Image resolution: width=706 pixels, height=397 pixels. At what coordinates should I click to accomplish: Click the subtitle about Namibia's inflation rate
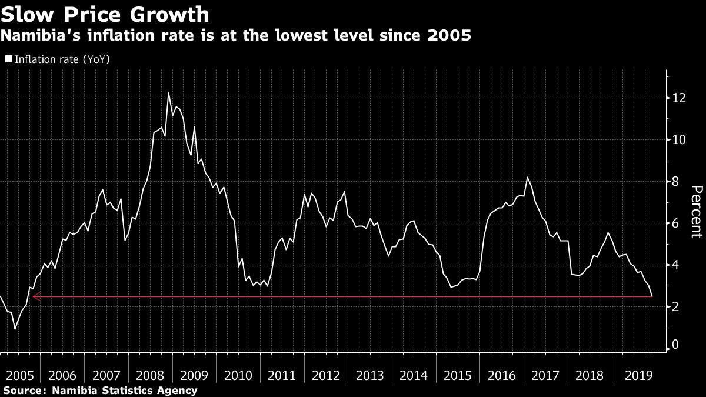pyautogui.click(x=236, y=36)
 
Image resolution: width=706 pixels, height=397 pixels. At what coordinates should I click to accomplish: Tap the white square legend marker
pyautogui.click(x=8, y=59)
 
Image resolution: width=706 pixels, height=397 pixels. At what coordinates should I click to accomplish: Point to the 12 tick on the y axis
pyautogui.click(x=679, y=98)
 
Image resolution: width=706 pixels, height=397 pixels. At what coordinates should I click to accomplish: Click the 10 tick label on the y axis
pyautogui.click(x=679, y=140)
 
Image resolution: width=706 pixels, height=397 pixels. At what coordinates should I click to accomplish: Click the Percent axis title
pyautogui.click(x=695, y=212)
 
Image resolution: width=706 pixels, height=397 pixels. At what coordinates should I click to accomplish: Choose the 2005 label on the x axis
pyautogui.click(x=19, y=375)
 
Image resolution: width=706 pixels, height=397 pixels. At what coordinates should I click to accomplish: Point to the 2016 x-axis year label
pyautogui.click(x=502, y=375)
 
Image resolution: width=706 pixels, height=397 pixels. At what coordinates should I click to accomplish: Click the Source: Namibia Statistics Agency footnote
pyautogui.click(x=100, y=390)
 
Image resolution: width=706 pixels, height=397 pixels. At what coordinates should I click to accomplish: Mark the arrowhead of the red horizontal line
pyautogui.click(x=35, y=297)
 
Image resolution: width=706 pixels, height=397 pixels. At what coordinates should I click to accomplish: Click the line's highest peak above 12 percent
pyautogui.click(x=168, y=93)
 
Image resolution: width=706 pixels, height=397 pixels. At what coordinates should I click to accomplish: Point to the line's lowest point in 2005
pyautogui.click(x=15, y=329)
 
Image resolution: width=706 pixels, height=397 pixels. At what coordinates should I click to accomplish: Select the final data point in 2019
pyautogui.click(x=652, y=296)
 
